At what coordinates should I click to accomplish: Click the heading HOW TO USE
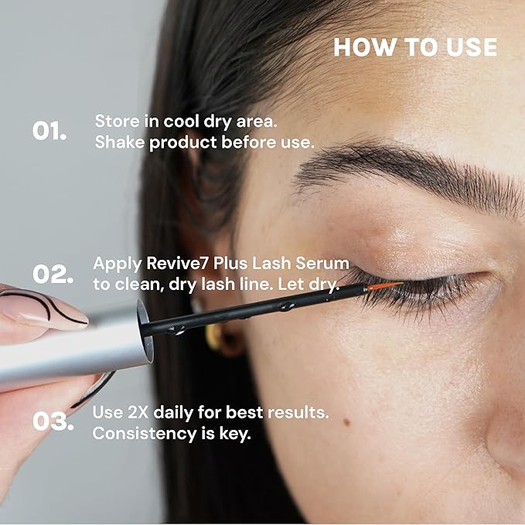click(414, 47)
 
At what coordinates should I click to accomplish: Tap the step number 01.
click(49, 131)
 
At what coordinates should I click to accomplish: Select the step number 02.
click(53, 274)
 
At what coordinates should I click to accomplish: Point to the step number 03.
click(53, 422)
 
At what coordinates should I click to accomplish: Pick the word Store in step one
click(114, 121)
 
